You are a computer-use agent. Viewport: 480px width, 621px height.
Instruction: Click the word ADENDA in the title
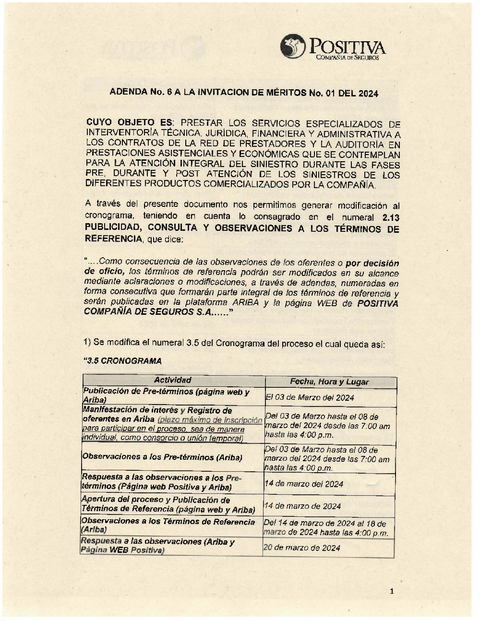127,92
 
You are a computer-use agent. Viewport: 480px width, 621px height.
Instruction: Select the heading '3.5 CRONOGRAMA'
122,361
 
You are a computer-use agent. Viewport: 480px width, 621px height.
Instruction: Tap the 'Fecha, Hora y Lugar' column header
329,382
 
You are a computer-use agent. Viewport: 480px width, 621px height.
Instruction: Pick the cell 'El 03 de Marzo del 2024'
310,397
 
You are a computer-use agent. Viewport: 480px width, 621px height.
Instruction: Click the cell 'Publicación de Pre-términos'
166,395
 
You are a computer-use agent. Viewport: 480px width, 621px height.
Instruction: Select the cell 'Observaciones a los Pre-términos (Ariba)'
162,457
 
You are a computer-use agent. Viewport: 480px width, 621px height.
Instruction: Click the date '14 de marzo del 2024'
303,484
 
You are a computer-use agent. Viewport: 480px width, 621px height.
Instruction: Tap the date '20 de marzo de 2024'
301,548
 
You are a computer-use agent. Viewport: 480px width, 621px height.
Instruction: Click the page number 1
392,591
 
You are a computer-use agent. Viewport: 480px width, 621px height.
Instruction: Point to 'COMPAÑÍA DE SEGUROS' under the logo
347,58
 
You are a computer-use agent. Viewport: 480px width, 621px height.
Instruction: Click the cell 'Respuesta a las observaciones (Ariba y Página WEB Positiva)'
157,546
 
